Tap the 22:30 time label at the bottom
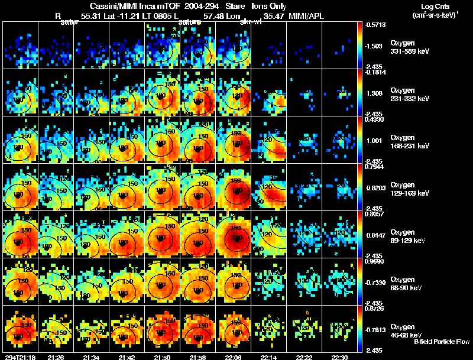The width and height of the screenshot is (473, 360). pyautogui.click(x=339, y=357)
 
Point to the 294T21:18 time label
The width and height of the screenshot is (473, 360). pyautogui.click(x=20, y=357)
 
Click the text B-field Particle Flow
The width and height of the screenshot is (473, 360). pyautogui.click(x=442, y=342)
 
